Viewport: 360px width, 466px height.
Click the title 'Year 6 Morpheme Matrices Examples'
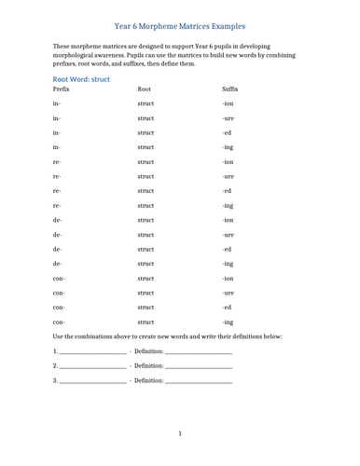click(x=180, y=26)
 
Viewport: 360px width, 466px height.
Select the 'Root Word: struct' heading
click(x=82, y=79)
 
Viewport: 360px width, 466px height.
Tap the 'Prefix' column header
click(x=63, y=89)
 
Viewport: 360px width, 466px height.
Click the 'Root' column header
click(x=144, y=89)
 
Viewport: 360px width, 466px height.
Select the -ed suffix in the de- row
click(x=228, y=249)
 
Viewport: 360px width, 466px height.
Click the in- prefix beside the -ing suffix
click(x=58, y=147)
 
